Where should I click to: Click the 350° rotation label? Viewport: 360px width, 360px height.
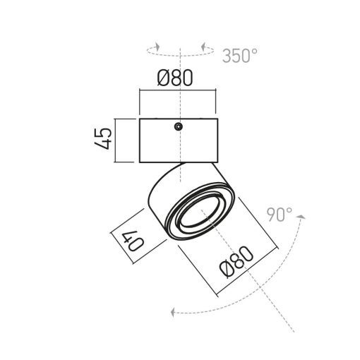pyautogui.click(x=240, y=56)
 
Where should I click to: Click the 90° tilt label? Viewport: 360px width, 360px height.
pyautogui.click(x=280, y=215)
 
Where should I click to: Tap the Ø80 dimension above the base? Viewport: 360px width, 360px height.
pyautogui.click(x=175, y=78)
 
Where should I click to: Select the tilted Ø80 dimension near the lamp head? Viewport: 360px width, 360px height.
pyautogui.click(x=236, y=262)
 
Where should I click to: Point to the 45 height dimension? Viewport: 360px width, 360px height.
pyautogui.click(x=103, y=139)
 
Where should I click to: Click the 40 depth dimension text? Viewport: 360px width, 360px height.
pyautogui.click(x=133, y=241)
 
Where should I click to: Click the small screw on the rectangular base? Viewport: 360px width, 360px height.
pyautogui.click(x=179, y=126)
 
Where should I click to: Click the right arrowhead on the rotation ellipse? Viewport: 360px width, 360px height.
pyautogui.click(x=203, y=47)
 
